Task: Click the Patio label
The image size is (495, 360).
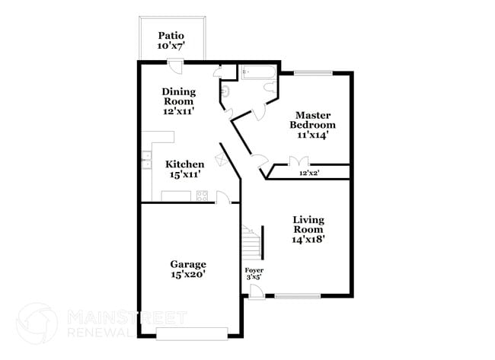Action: coord(172,40)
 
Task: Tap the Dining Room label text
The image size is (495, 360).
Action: coord(178,101)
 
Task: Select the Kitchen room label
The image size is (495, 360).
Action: coord(184,169)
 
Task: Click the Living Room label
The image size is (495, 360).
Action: coord(308,229)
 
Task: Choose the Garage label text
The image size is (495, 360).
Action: coord(187,269)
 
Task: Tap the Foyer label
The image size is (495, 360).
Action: coord(254,273)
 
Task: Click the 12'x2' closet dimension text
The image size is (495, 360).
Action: coord(309,174)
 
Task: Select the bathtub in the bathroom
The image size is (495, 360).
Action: coord(257,74)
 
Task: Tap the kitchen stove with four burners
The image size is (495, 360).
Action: coord(203,196)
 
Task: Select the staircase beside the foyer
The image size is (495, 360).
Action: coord(251,244)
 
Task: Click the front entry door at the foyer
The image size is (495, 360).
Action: coord(256,292)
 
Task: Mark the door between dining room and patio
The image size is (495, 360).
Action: coord(175,66)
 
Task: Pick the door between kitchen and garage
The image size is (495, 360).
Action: coord(222,198)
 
